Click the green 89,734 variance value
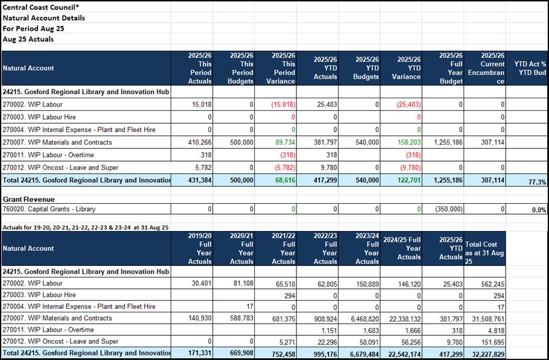[x=284, y=142]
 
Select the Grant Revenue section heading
[x=28, y=199]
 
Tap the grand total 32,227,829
[x=485, y=353]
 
